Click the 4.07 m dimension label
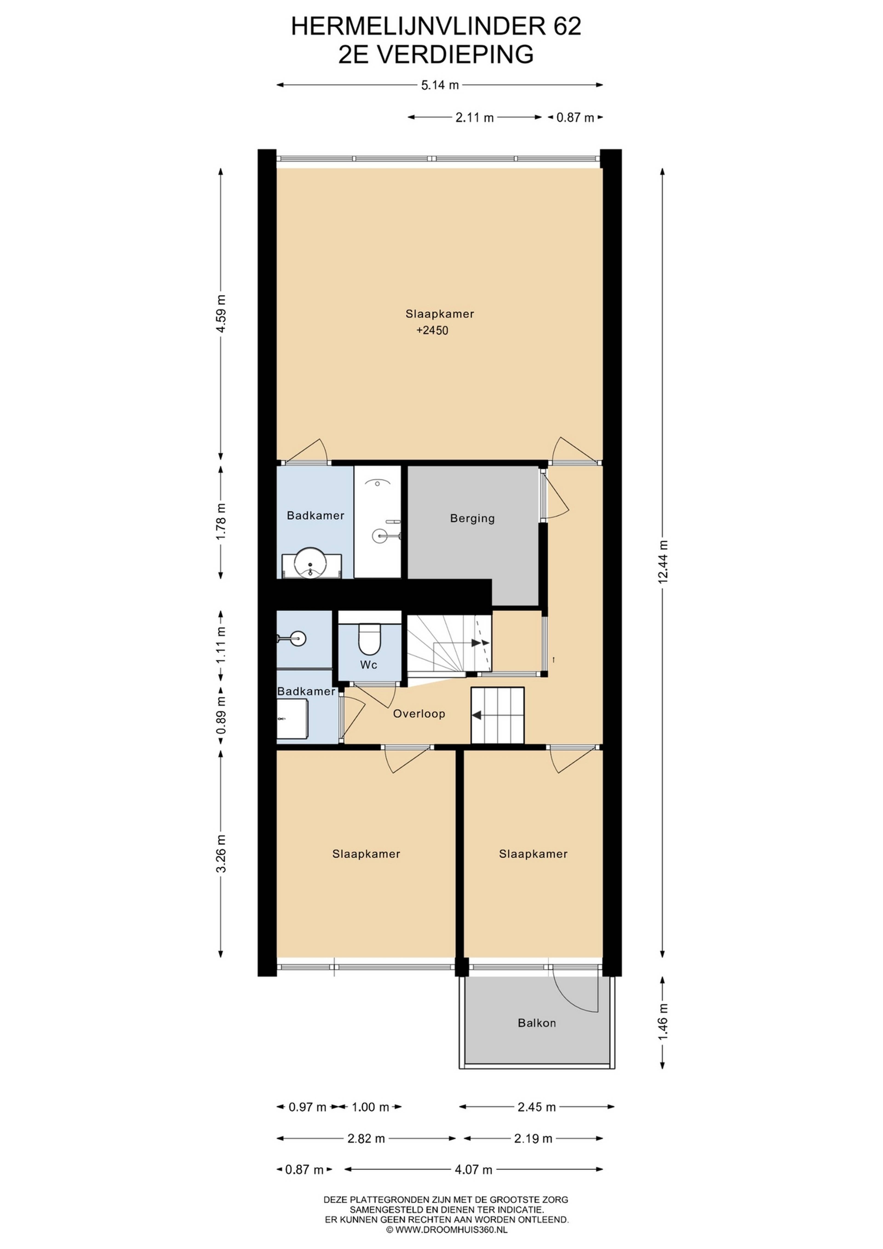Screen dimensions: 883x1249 473,1170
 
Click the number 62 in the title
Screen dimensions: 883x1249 568,26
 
